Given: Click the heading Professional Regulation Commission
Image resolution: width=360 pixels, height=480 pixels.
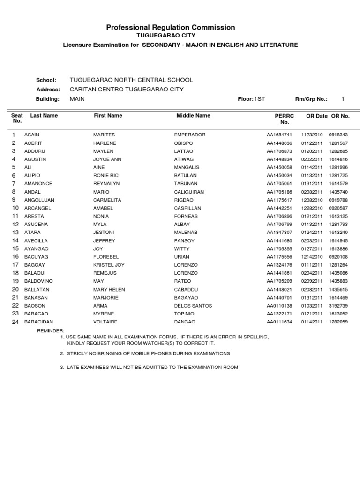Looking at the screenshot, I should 171,28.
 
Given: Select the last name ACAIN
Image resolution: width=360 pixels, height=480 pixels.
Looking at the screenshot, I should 32,135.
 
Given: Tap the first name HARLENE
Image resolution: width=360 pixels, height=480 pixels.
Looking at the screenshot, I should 105,143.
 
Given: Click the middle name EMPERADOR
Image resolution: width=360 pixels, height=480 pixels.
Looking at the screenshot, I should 190,135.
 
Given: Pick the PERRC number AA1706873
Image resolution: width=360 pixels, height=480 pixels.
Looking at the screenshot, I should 279,151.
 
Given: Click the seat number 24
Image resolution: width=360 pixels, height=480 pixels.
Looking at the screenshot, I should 15,322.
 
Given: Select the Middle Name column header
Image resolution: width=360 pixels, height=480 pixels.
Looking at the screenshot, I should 193,115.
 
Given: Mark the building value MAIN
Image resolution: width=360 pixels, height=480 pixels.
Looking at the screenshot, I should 77,99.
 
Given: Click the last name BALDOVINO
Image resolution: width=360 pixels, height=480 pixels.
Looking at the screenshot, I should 39,281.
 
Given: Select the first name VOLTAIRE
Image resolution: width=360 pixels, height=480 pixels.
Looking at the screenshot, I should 105,322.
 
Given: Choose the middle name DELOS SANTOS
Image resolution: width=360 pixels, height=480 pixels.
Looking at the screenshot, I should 193,306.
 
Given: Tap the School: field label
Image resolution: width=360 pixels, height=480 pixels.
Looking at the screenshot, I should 46,80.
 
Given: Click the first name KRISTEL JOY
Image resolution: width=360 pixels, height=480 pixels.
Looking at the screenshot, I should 109,265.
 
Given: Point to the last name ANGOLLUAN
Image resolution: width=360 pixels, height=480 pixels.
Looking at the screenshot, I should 39,200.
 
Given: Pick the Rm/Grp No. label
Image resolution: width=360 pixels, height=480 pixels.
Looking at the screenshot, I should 311,99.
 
